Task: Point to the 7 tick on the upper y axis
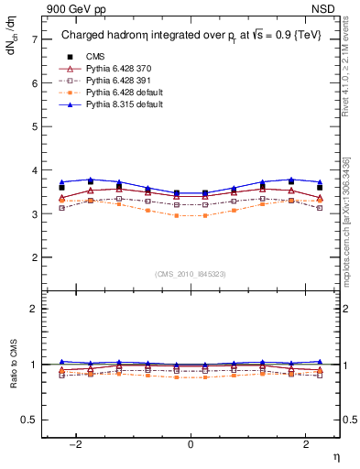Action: tap(34, 39)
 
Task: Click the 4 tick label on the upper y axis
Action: tap(34, 170)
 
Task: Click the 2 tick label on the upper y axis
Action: tap(34, 258)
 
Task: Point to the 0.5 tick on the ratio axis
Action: tap(29, 420)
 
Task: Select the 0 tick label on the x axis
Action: tap(190, 444)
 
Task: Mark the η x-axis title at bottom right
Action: tap(335, 456)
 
